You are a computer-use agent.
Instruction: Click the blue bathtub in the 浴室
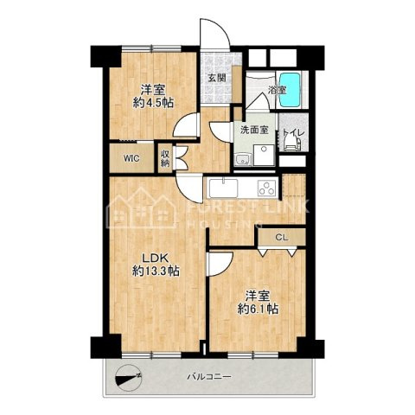coord(290,90)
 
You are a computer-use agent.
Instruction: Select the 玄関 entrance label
coord(217,78)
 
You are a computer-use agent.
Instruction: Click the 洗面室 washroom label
coord(254,130)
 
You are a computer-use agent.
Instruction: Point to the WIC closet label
coord(131,158)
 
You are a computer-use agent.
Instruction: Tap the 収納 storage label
coord(165,158)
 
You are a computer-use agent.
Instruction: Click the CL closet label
coord(282,238)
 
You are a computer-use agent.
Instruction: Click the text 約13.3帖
coord(156,271)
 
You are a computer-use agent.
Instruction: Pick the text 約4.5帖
coord(153,103)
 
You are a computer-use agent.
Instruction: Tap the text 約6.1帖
coord(258,309)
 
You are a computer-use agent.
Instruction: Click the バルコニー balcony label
coord(209,377)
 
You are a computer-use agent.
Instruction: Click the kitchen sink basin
coord(224,188)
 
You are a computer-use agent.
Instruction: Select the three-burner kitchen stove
coord(268,188)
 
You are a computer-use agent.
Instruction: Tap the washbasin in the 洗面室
coord(243,160)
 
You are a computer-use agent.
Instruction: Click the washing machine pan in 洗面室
coord(264,155)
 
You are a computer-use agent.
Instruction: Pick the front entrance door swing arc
coord(215,33)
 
